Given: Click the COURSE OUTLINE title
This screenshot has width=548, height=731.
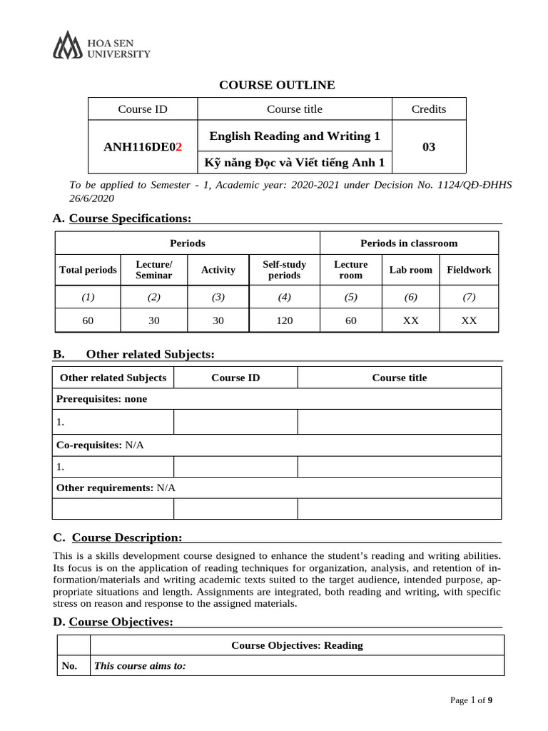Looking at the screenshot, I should click(x=277, y=85).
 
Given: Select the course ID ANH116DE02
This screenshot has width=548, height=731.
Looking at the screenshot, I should click(x=143, y=147).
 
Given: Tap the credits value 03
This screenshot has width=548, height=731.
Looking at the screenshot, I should click(x=429, y=147).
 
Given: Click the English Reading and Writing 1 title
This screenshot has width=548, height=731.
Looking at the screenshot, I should click(x=295, y=136).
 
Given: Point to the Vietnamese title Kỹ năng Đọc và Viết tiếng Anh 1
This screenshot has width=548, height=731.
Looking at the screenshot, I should click(x=295, y=163).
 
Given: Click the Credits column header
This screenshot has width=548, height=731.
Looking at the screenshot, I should click(x=429, y=109).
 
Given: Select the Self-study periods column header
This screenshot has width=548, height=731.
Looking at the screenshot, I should click(x=284, y=270).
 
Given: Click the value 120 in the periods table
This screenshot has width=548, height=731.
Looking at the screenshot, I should click(x=284, y=321).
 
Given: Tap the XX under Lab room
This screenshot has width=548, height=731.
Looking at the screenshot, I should click(x=410, y=321).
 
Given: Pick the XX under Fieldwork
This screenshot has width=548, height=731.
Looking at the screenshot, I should click(x=469, y=321).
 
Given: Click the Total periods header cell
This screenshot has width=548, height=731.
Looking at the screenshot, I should click(x=88, y=270).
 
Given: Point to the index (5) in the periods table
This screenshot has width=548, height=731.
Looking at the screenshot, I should click(x=350, y=297).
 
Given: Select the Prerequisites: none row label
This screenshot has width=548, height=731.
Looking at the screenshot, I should click(x=102, y=399).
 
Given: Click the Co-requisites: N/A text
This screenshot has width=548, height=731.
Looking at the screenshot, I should click(x=100, y=445).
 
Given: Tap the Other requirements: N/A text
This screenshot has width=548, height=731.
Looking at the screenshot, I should click(x=116, y=488).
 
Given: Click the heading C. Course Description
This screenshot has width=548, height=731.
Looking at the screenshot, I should click(x=118, y=537).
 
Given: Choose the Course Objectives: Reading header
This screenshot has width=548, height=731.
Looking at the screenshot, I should click(x=297, y=645).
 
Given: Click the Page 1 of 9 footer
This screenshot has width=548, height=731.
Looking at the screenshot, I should click(x=471, y=700).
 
